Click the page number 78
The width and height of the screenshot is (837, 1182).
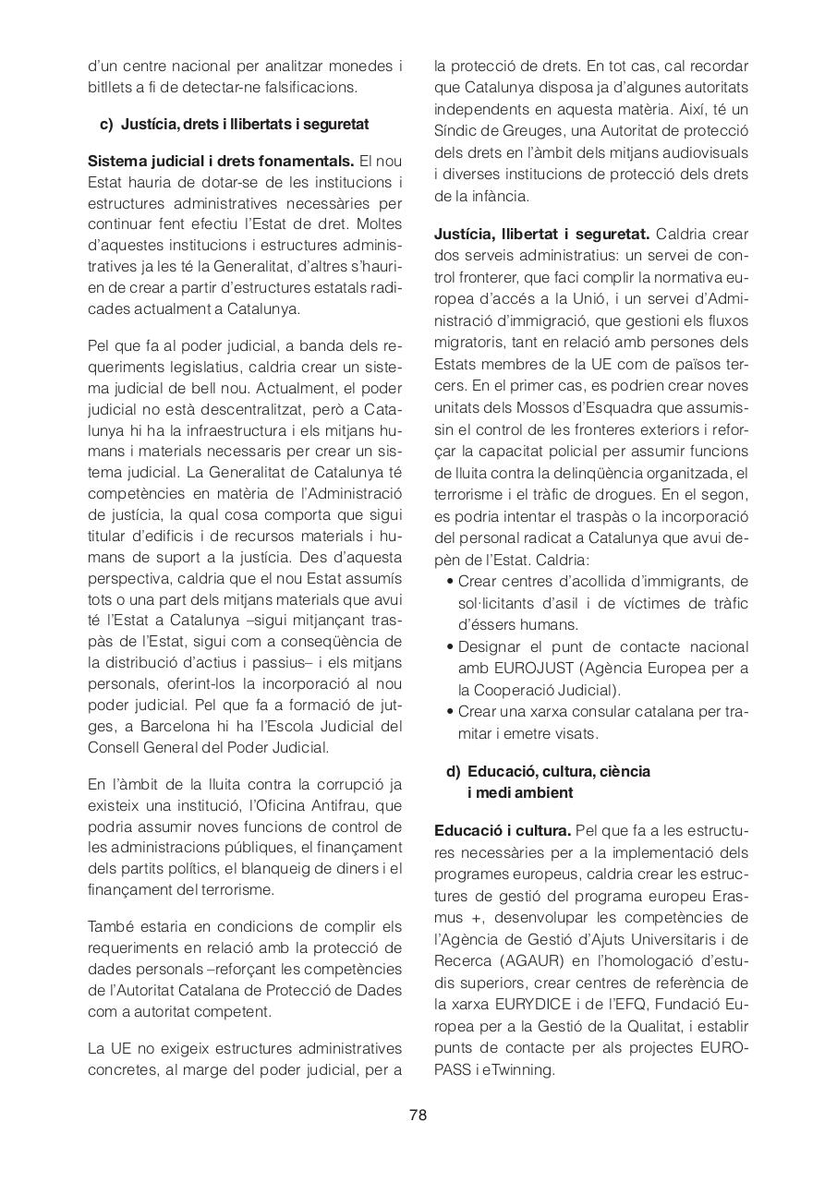[x=418, y=1115]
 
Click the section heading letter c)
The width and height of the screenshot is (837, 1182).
[x=106, y=124]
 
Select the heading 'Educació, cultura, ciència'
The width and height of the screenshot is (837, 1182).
[x=558, y=771]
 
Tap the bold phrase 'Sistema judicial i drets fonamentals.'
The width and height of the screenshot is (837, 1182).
[x=221, y=161]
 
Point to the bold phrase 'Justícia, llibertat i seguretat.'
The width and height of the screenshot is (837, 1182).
[x=541, y=234]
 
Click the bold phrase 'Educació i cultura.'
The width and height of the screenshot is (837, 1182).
[x=502, y=830]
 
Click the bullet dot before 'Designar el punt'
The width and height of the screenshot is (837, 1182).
[x=449, y=647]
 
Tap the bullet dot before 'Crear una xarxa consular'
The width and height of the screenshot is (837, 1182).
[x=449, y=712]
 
